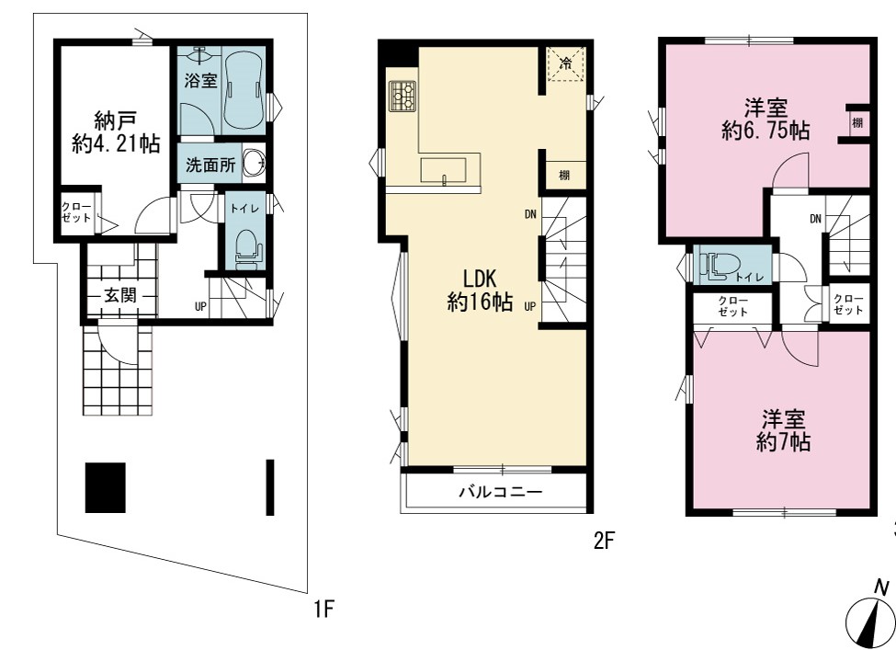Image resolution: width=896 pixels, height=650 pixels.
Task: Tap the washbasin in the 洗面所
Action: tap(254, 163)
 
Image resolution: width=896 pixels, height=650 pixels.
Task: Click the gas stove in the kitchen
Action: tap(403, 96)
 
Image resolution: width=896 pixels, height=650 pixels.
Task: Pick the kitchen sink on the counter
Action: tap(444, 170)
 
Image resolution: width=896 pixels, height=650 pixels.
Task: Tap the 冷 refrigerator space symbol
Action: tap(566, 63)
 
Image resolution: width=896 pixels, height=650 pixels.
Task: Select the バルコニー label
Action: tap(501, 492)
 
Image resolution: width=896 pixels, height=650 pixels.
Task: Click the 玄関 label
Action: tap(120, 295)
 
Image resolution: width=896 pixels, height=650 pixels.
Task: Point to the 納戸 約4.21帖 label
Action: tap(116, 132)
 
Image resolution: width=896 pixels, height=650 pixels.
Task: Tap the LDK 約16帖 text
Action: tap(480, 290)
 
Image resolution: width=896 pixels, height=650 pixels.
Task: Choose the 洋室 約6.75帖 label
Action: tap(766, 119)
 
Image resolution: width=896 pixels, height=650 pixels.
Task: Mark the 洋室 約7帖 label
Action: tap(784, 430)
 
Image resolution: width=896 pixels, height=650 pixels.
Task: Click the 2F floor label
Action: tap(604, 540)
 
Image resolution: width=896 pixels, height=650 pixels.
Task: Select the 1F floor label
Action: tap(323, 609)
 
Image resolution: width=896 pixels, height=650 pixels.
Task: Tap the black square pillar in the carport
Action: tap(105, 487)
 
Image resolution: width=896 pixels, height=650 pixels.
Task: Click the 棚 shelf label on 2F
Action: tap(564, 175)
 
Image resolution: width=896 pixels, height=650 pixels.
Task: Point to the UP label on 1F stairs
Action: tap(200, 306)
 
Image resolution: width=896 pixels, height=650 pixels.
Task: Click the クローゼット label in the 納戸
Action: tap(76, 212)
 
